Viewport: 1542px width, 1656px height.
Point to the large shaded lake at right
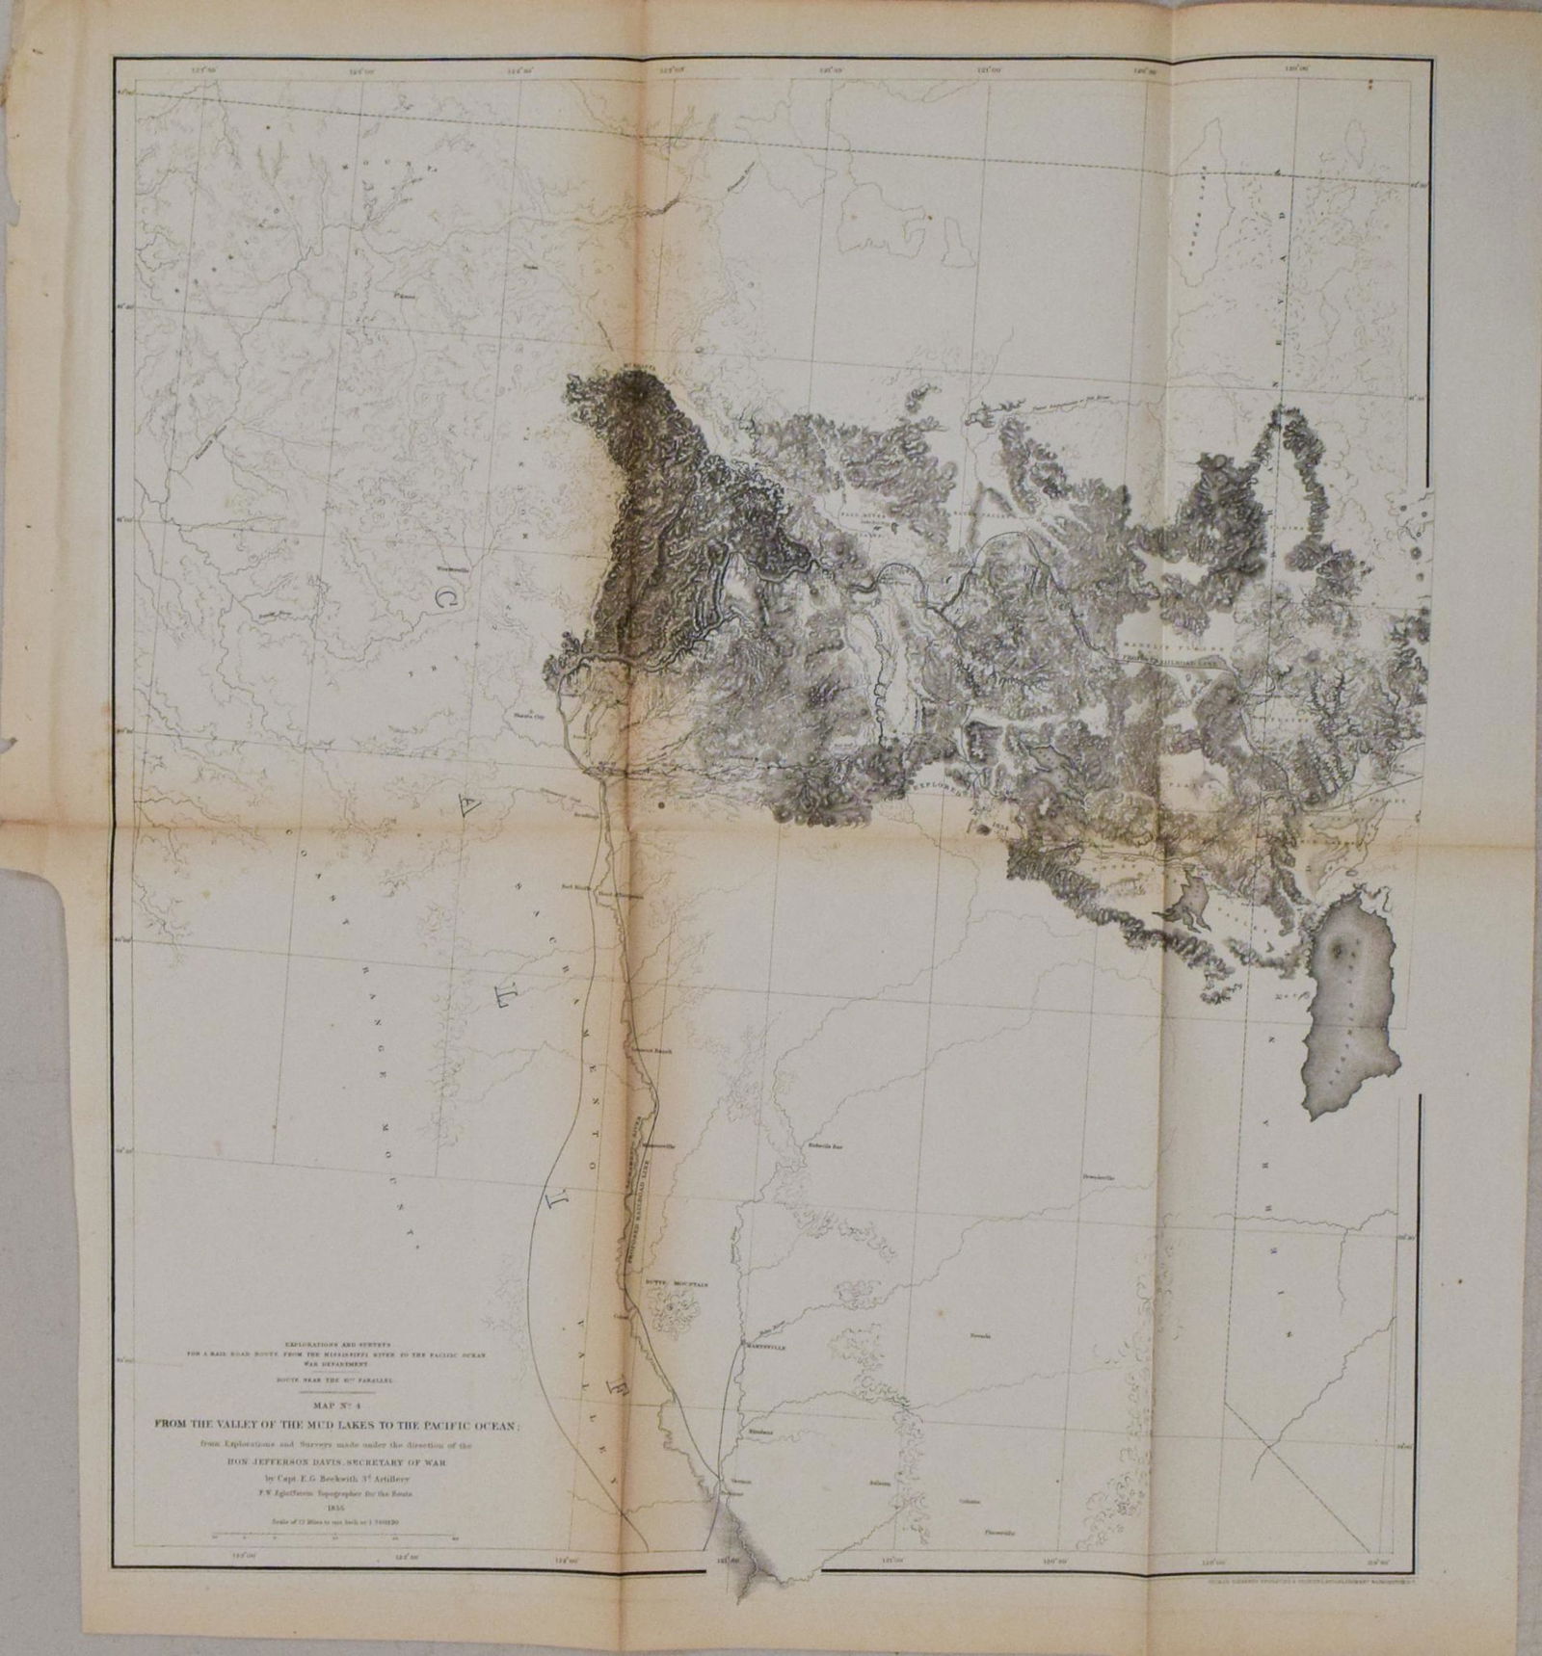[x=1349, y=1021]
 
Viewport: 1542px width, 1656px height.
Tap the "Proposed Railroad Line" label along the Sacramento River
[x=646, y=1204]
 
